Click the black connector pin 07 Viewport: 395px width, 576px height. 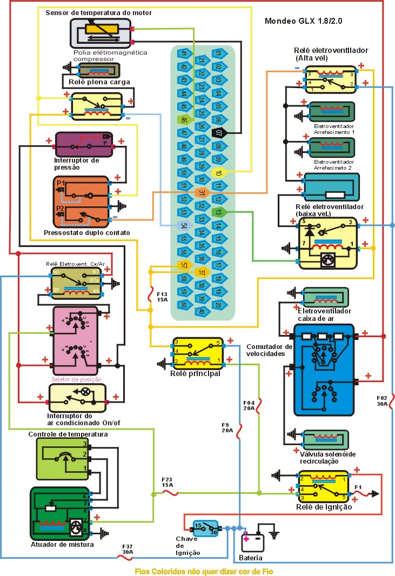218,132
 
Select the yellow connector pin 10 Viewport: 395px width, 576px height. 218,173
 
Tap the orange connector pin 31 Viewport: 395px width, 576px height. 201,193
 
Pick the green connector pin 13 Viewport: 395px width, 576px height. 218,212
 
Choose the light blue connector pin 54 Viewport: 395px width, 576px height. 184,226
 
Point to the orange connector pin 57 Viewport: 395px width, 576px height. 184,265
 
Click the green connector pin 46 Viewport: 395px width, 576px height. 184,120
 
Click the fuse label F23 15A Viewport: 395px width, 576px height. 167,482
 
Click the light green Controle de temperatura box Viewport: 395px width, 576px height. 62,459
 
